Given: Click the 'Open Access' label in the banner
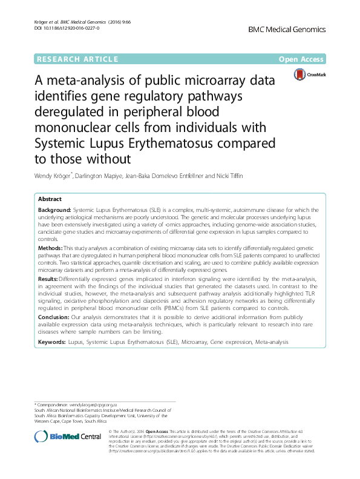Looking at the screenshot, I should [302, 59].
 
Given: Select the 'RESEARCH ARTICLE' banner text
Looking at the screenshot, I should [77, 59].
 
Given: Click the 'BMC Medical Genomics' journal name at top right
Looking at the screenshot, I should [287, 29].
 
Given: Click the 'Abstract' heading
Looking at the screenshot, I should [50, 199].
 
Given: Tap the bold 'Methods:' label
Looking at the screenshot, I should [50, 248].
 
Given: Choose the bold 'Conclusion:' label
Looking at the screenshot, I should [53, 317].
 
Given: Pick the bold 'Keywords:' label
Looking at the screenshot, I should [52, 342].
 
